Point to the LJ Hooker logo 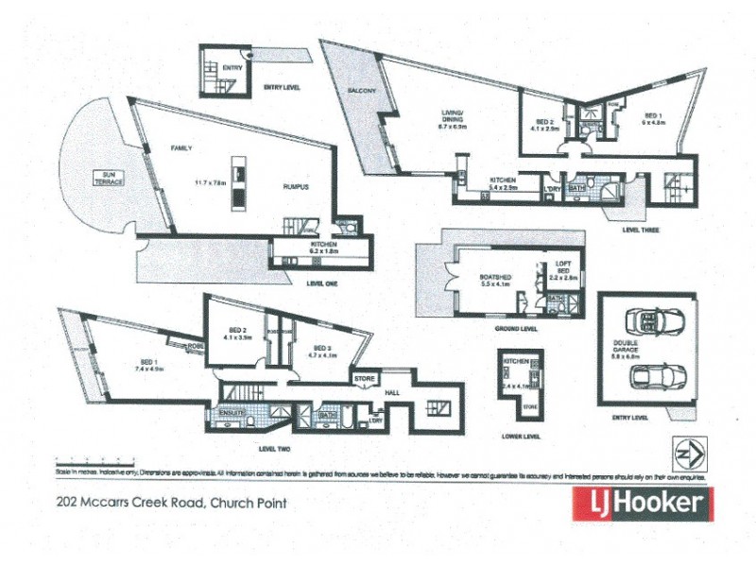pos(642,503)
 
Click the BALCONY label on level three pos(362,90)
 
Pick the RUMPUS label pos(297,187)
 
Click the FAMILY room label pos(181,149)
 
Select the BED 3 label pos(321,350)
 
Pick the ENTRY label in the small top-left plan pos(232,68)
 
